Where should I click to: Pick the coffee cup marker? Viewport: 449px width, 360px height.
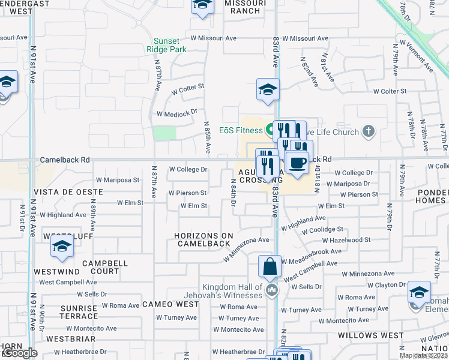tap(297, 163)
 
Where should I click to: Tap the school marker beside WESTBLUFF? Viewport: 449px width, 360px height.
tap(62, 246)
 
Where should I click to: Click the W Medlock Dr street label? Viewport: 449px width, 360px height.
tap(177, 113)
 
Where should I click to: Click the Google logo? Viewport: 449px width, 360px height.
tap(20, 353)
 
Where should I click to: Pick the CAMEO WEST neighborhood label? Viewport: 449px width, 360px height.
tap(170, 304)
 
